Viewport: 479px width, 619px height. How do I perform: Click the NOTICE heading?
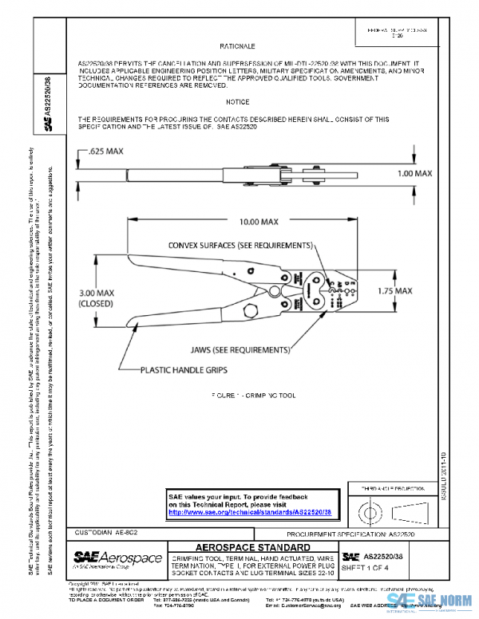(x=237, y=102)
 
